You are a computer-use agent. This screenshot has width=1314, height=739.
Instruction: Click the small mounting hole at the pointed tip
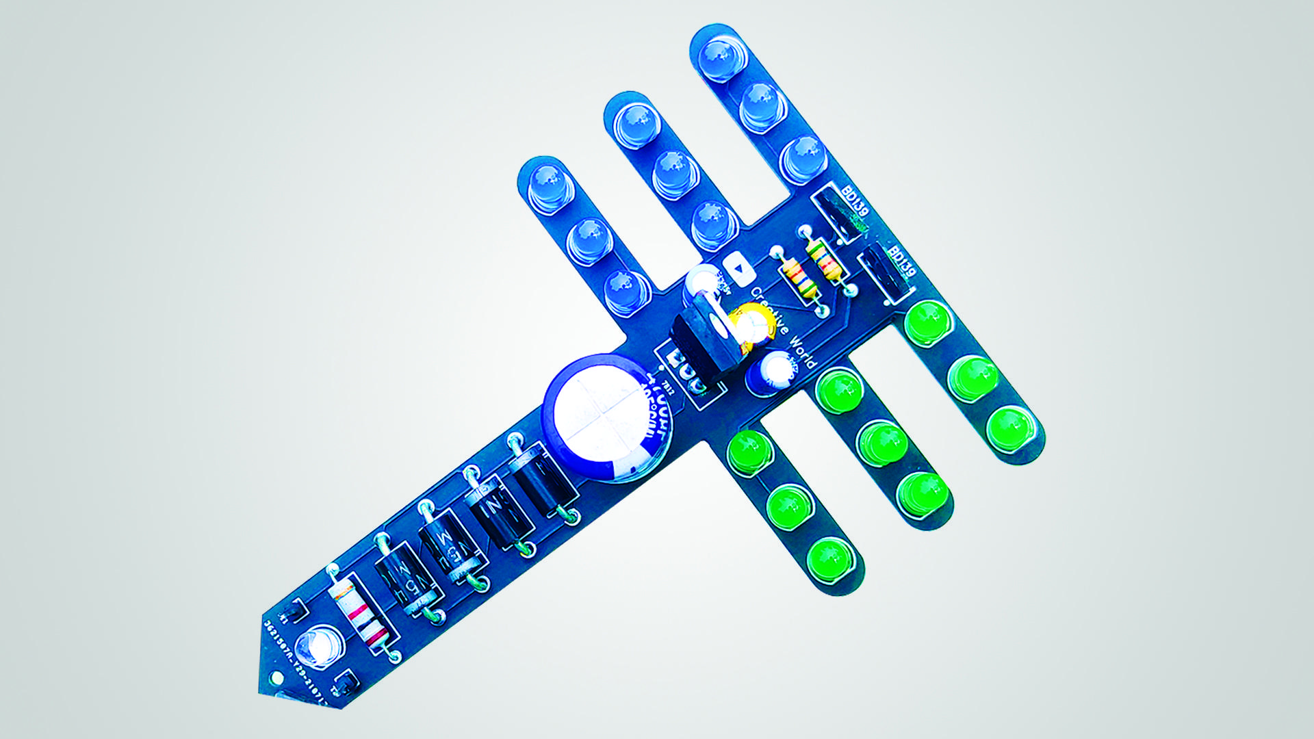(x=276, y=679)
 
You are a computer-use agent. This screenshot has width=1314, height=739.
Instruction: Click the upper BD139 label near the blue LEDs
(x=855, y=203)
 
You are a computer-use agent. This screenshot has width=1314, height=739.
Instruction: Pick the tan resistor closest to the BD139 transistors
(x=825, y=260)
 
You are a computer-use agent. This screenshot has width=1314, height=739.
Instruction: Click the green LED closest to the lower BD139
(x=928, y=322)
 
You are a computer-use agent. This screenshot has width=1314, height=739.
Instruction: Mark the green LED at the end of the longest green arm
(x=1012, y=428)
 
